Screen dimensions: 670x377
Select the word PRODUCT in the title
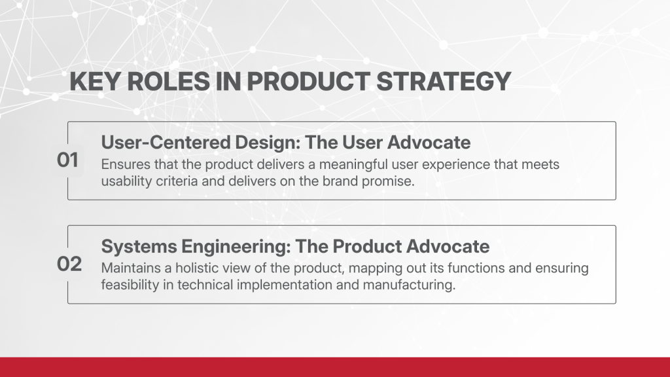(308, 81)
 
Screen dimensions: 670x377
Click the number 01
(67, 160)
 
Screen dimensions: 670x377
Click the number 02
(69, 264)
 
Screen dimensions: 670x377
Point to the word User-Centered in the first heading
(166, 142)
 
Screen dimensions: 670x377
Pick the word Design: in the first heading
(268, 143)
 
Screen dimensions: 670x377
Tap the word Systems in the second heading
(139, 247)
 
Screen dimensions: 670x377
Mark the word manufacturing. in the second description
(410, 285)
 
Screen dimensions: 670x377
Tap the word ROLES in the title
(169, 81)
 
